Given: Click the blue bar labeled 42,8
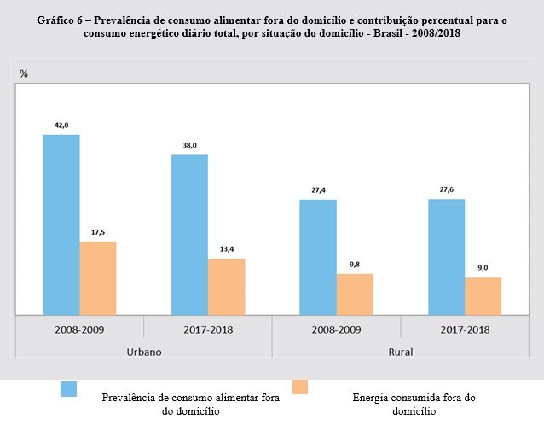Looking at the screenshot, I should (x=61, y=224).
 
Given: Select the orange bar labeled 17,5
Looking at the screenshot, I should (x=98, y=277).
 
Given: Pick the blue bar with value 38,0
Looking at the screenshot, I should (x=189, y=235).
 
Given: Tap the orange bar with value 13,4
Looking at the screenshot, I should (x=226, y=286).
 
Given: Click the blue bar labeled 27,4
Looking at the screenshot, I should (x=318, y=257).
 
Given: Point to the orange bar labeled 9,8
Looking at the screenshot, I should (x=355, y=294).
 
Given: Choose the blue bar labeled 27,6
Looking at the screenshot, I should (x=446, y=256).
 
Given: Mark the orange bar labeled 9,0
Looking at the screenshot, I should (x=483, y=295).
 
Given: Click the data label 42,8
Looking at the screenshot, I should (x=61, y=125).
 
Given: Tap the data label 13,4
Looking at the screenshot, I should (x=226, y=248).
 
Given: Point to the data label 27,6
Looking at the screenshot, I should (x=446, y=189).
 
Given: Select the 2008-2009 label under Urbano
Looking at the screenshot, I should (x=79, y=329).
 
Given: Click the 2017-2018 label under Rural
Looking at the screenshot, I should (x=465, y=329).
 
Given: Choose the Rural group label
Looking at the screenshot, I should (x=401, y=350).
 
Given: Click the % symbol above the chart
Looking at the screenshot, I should (x=24, y=74).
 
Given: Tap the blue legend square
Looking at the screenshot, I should (x=68, y=389).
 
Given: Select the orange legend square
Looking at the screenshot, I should (x=299, y=387).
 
